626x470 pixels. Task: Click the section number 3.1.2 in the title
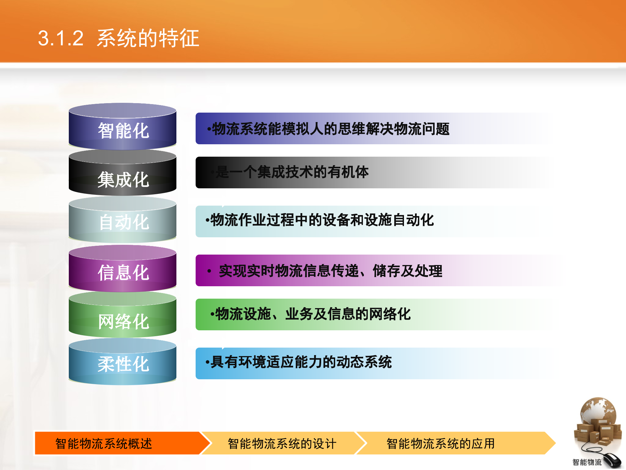pos(61,38)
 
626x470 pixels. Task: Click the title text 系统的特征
pos(148,38)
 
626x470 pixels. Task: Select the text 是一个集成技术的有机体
pos(292,172)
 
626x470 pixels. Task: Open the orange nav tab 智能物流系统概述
pos(104,444)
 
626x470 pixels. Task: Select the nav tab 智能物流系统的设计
pos(282,444)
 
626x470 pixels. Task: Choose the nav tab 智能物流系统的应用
pos(440,444)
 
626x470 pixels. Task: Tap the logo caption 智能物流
pos(587,462)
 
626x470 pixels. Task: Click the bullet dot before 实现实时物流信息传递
pos(209,271)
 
